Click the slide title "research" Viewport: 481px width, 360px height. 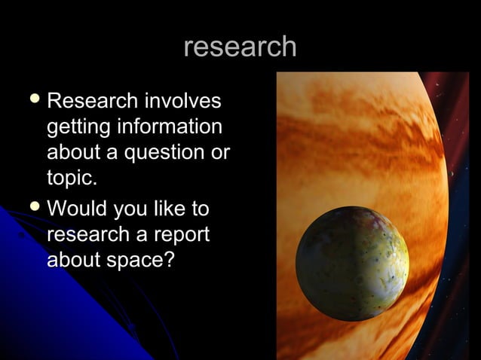coord(240,47)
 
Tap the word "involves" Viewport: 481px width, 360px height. coord(183,100)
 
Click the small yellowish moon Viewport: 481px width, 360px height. coord(351,263)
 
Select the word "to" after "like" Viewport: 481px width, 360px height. coord(200,207)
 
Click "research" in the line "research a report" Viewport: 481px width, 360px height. coord(92,233)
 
